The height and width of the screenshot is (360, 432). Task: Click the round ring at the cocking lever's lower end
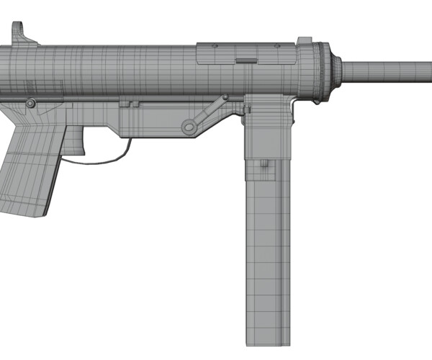[x=189, y=127]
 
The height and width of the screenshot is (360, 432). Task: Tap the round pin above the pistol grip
[x=30, y=104]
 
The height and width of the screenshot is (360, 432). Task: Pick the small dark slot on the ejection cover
[x=246, y=60]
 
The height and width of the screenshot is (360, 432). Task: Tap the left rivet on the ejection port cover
[x=214, y=47]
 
